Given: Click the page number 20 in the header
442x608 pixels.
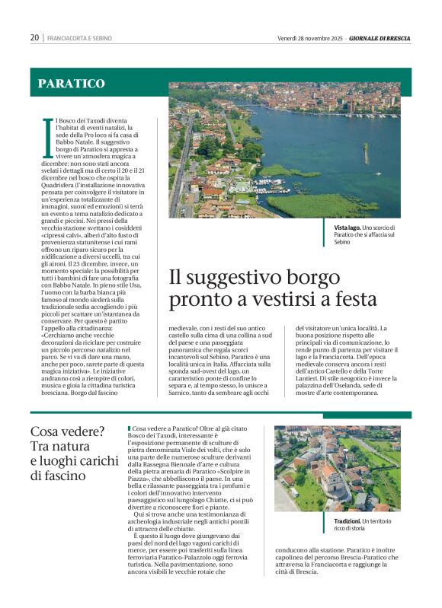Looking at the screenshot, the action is coord(34,37).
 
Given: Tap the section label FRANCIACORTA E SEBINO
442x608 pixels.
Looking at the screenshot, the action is coord(78,38).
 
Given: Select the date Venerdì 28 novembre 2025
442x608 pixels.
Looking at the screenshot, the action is coord(310,37).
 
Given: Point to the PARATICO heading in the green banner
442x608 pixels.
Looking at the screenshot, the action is coord(72,83).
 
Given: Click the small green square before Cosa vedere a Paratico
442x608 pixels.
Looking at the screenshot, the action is coord(129,429).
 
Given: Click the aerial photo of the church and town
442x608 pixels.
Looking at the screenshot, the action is coord(336,468).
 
